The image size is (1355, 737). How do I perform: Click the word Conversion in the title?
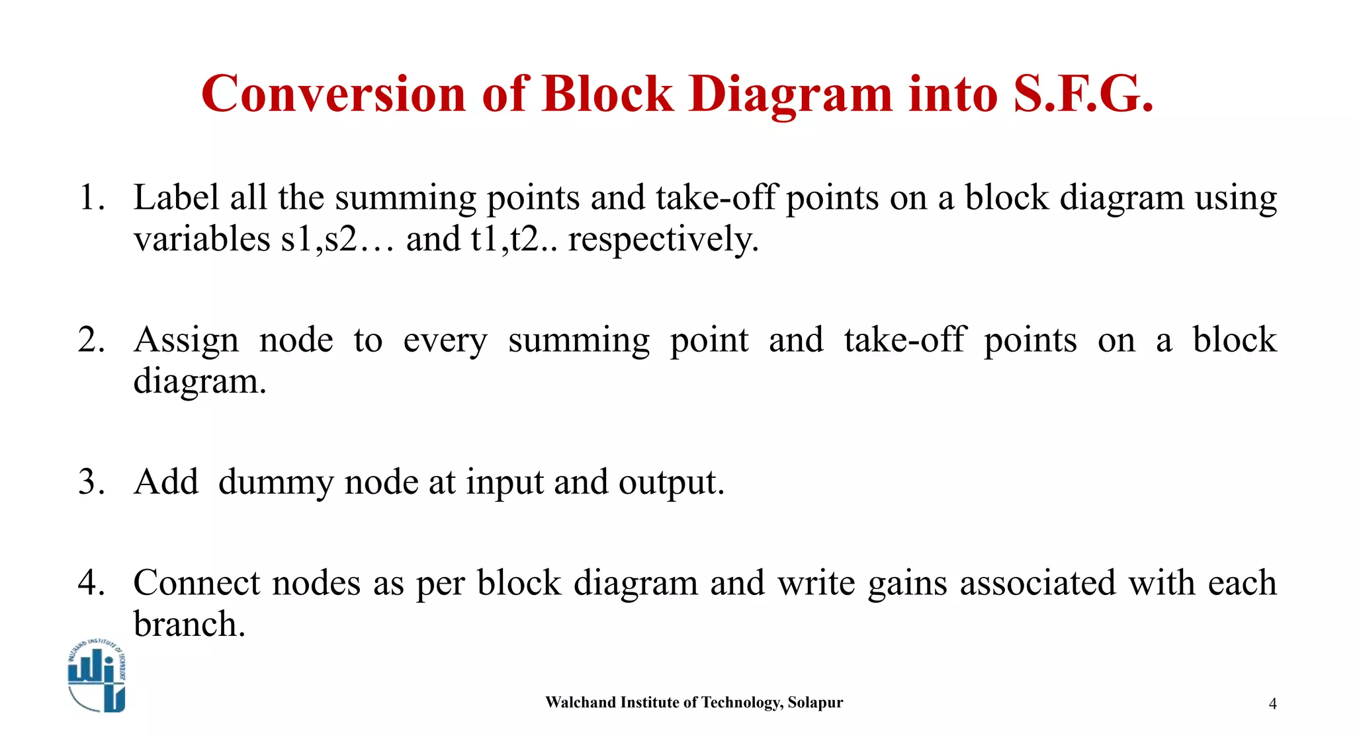click(334, 94)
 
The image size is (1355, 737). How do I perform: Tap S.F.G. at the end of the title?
click(1083, 94)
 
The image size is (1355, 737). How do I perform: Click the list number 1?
click(91, 197)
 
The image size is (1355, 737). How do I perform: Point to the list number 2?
click(91, 340)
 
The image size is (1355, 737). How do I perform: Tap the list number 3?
click(91, 481)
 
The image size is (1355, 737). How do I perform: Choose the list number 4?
click(91, 582)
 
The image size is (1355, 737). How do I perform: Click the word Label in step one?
click(176, 197)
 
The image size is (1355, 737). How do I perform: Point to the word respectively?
click(663, 239)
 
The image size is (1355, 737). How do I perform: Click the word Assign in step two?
click(187, 340)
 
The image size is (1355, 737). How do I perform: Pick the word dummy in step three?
click(276, 482)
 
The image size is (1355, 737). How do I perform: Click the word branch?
click(189, 623)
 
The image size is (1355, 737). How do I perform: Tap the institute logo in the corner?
click(97, 676)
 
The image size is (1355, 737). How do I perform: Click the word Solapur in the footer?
click(815, 702)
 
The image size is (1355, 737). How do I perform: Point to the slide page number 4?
click(1272, 704)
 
